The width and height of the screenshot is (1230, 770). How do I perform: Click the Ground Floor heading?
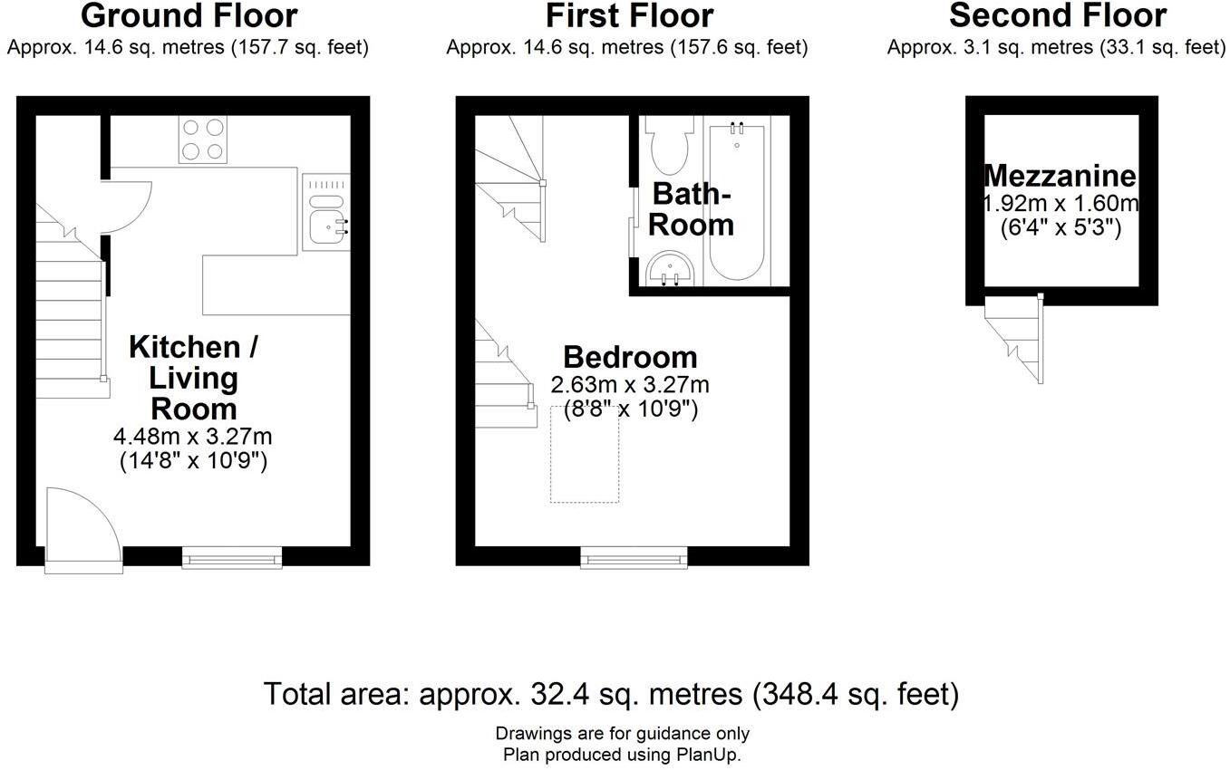189,15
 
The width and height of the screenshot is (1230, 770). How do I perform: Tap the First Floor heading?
629,15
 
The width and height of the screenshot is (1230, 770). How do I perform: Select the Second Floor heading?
1058,15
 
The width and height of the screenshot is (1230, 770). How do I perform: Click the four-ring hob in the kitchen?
203,140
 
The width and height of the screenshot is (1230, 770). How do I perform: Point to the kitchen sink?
326,220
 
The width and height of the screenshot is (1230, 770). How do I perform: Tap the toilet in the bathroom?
669,148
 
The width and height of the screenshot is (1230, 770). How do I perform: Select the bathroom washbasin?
670,269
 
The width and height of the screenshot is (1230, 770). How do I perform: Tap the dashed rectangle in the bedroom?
585,453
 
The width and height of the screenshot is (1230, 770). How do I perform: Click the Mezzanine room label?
1061,176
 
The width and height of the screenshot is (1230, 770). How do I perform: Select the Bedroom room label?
630,356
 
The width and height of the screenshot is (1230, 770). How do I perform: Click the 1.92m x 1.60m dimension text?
1061,203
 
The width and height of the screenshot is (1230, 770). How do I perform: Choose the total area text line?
611,695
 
